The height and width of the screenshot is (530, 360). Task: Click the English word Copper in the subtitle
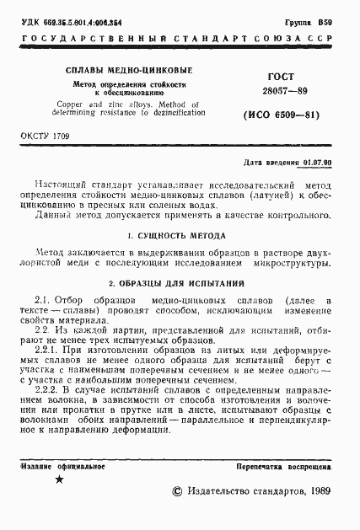click(79, 103)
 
